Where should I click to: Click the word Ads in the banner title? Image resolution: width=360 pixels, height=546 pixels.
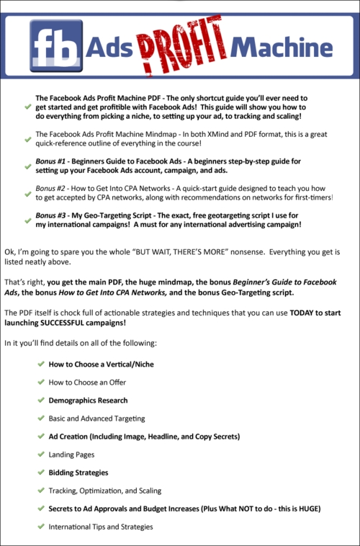click(x=109, y=48)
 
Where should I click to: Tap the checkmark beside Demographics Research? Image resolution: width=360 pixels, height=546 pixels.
click(x=40, y=400)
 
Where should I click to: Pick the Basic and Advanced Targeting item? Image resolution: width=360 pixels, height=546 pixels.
click(x=96, y=418)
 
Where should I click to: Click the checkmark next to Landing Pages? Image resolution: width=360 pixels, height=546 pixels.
click(x=40, y=455)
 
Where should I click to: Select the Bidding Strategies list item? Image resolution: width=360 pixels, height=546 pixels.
click(x=78, y=473)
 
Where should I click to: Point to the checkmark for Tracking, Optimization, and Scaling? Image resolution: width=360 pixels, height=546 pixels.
click(x=40, y=491)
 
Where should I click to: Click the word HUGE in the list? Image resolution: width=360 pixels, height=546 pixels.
click(x=307, y=509)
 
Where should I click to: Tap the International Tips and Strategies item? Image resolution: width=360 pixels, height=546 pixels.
click(x=101, y=527)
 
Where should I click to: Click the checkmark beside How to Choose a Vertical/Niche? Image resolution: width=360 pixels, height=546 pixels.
click(x=40, y=364)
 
